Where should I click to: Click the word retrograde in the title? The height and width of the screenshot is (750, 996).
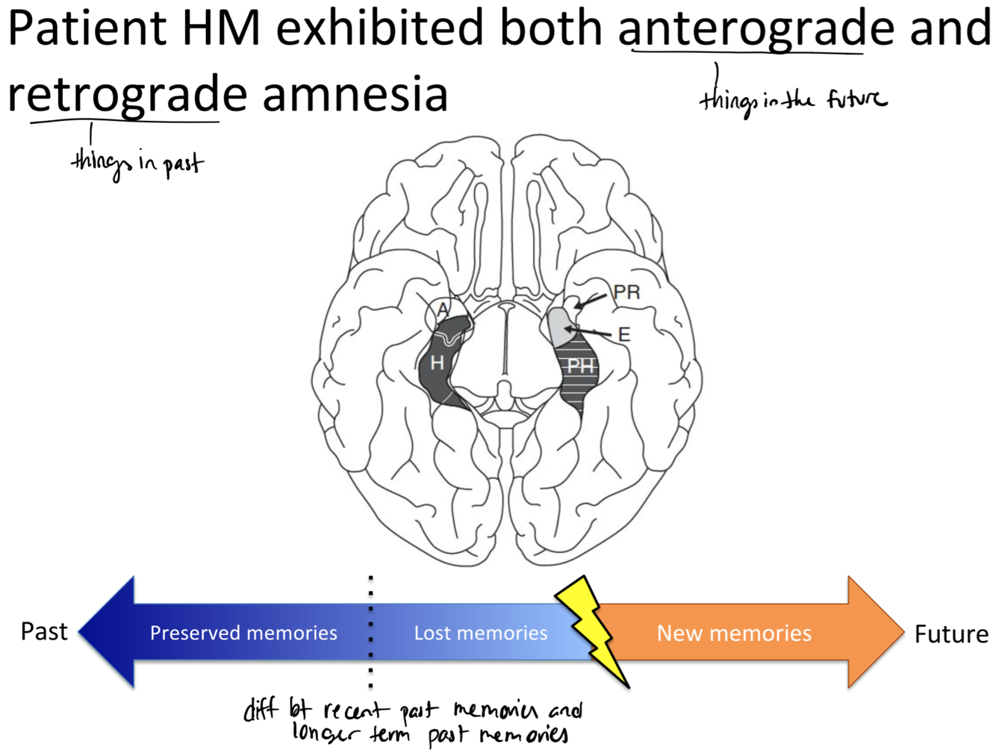tap(127, 96)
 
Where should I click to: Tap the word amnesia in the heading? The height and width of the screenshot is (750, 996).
tap(355, 96)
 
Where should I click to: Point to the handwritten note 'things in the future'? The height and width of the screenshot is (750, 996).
tap(793, 100)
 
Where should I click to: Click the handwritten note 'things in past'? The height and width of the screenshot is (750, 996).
tap(137, 163)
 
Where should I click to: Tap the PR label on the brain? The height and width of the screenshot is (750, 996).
tap(626, 292)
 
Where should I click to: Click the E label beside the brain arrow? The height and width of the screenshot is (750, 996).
tap(624, 335)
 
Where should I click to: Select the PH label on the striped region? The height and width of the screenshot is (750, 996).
tap(580, 366)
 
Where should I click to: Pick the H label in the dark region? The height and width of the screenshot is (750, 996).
tap(438, 363)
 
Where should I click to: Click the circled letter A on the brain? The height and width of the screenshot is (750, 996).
tap(443, 310)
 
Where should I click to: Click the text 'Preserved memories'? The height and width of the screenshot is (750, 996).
tap(243, 633)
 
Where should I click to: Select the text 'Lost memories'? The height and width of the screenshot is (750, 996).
tap(481, 633)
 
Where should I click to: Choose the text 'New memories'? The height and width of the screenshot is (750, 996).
tap(734, 633)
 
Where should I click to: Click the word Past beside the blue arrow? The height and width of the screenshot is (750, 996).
tap(44, 631)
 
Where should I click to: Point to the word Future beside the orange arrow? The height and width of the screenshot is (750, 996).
tap(951, 634)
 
